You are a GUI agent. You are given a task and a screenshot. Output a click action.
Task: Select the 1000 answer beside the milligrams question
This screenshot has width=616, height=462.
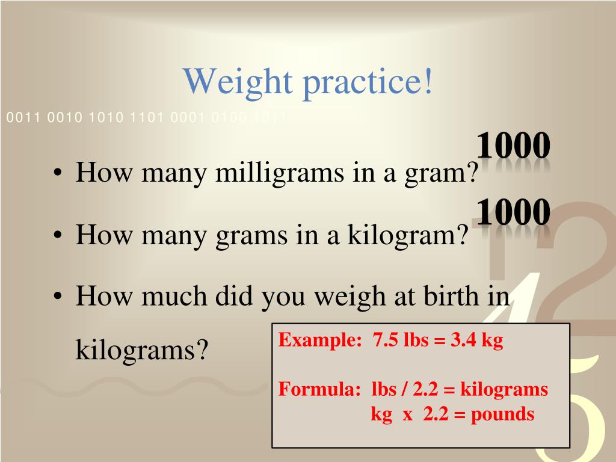tap(513, 146)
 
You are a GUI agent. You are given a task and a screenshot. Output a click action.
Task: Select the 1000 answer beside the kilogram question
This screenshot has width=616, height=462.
tap(513, 212)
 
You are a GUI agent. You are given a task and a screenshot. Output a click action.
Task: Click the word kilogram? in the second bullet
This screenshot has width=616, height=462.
tap(406, 235)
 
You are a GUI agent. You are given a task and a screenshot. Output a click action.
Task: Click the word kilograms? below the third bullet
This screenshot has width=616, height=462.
tap(142, 350)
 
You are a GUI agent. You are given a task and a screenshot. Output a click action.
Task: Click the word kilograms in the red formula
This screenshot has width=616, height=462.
tap(504, 390)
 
